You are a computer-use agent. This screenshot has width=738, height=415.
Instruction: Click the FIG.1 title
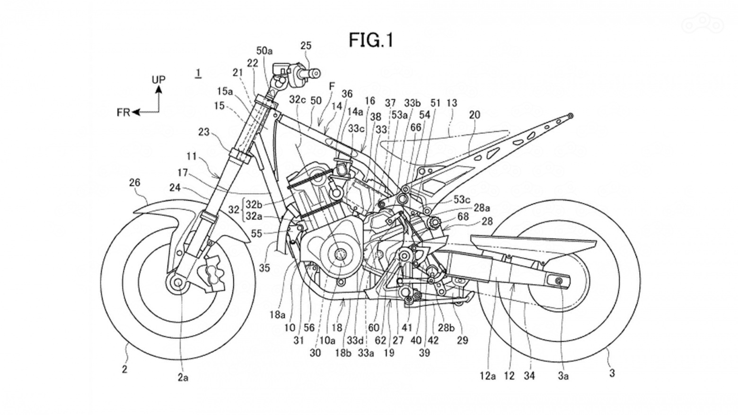coord(371,40)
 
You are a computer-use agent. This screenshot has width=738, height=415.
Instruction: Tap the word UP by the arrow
coord(158,79)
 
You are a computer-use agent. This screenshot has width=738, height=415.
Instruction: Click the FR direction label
coord(123,112)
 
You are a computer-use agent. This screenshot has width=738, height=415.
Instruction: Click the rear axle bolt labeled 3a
coord(560,282)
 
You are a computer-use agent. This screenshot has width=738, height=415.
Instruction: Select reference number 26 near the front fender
coord(134,182)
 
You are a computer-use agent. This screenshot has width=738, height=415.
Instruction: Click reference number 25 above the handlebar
coord(306,46)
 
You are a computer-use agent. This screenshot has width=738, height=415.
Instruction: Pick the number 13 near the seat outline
coord(452,103)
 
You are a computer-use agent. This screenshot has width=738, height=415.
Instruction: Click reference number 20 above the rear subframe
coord(474,115)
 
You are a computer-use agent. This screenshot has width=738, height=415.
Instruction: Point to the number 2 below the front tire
coord(124,369)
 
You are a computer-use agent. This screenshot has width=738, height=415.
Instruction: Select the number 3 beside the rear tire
coord(612,373)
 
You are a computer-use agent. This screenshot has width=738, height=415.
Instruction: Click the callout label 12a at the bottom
coord(487,376)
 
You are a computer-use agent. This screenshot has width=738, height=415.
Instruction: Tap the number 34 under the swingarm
coord(529,376)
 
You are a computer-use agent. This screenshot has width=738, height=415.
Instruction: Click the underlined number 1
coord(199,73)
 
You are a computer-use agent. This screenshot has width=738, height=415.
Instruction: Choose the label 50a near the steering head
coord(264,51)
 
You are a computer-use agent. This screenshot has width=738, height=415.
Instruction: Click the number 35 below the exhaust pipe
coord(264,268)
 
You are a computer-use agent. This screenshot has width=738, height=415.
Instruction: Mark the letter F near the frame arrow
coord(332,86)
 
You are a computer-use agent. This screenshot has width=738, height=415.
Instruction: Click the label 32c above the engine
coord(298,100)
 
